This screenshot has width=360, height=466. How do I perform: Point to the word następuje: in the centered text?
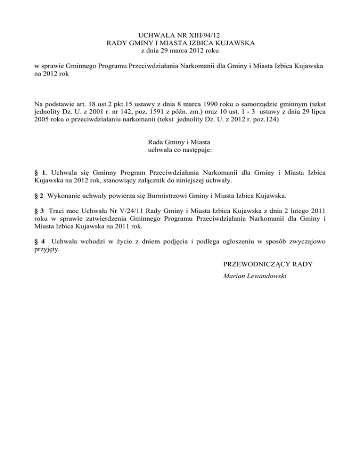[196, 150]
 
